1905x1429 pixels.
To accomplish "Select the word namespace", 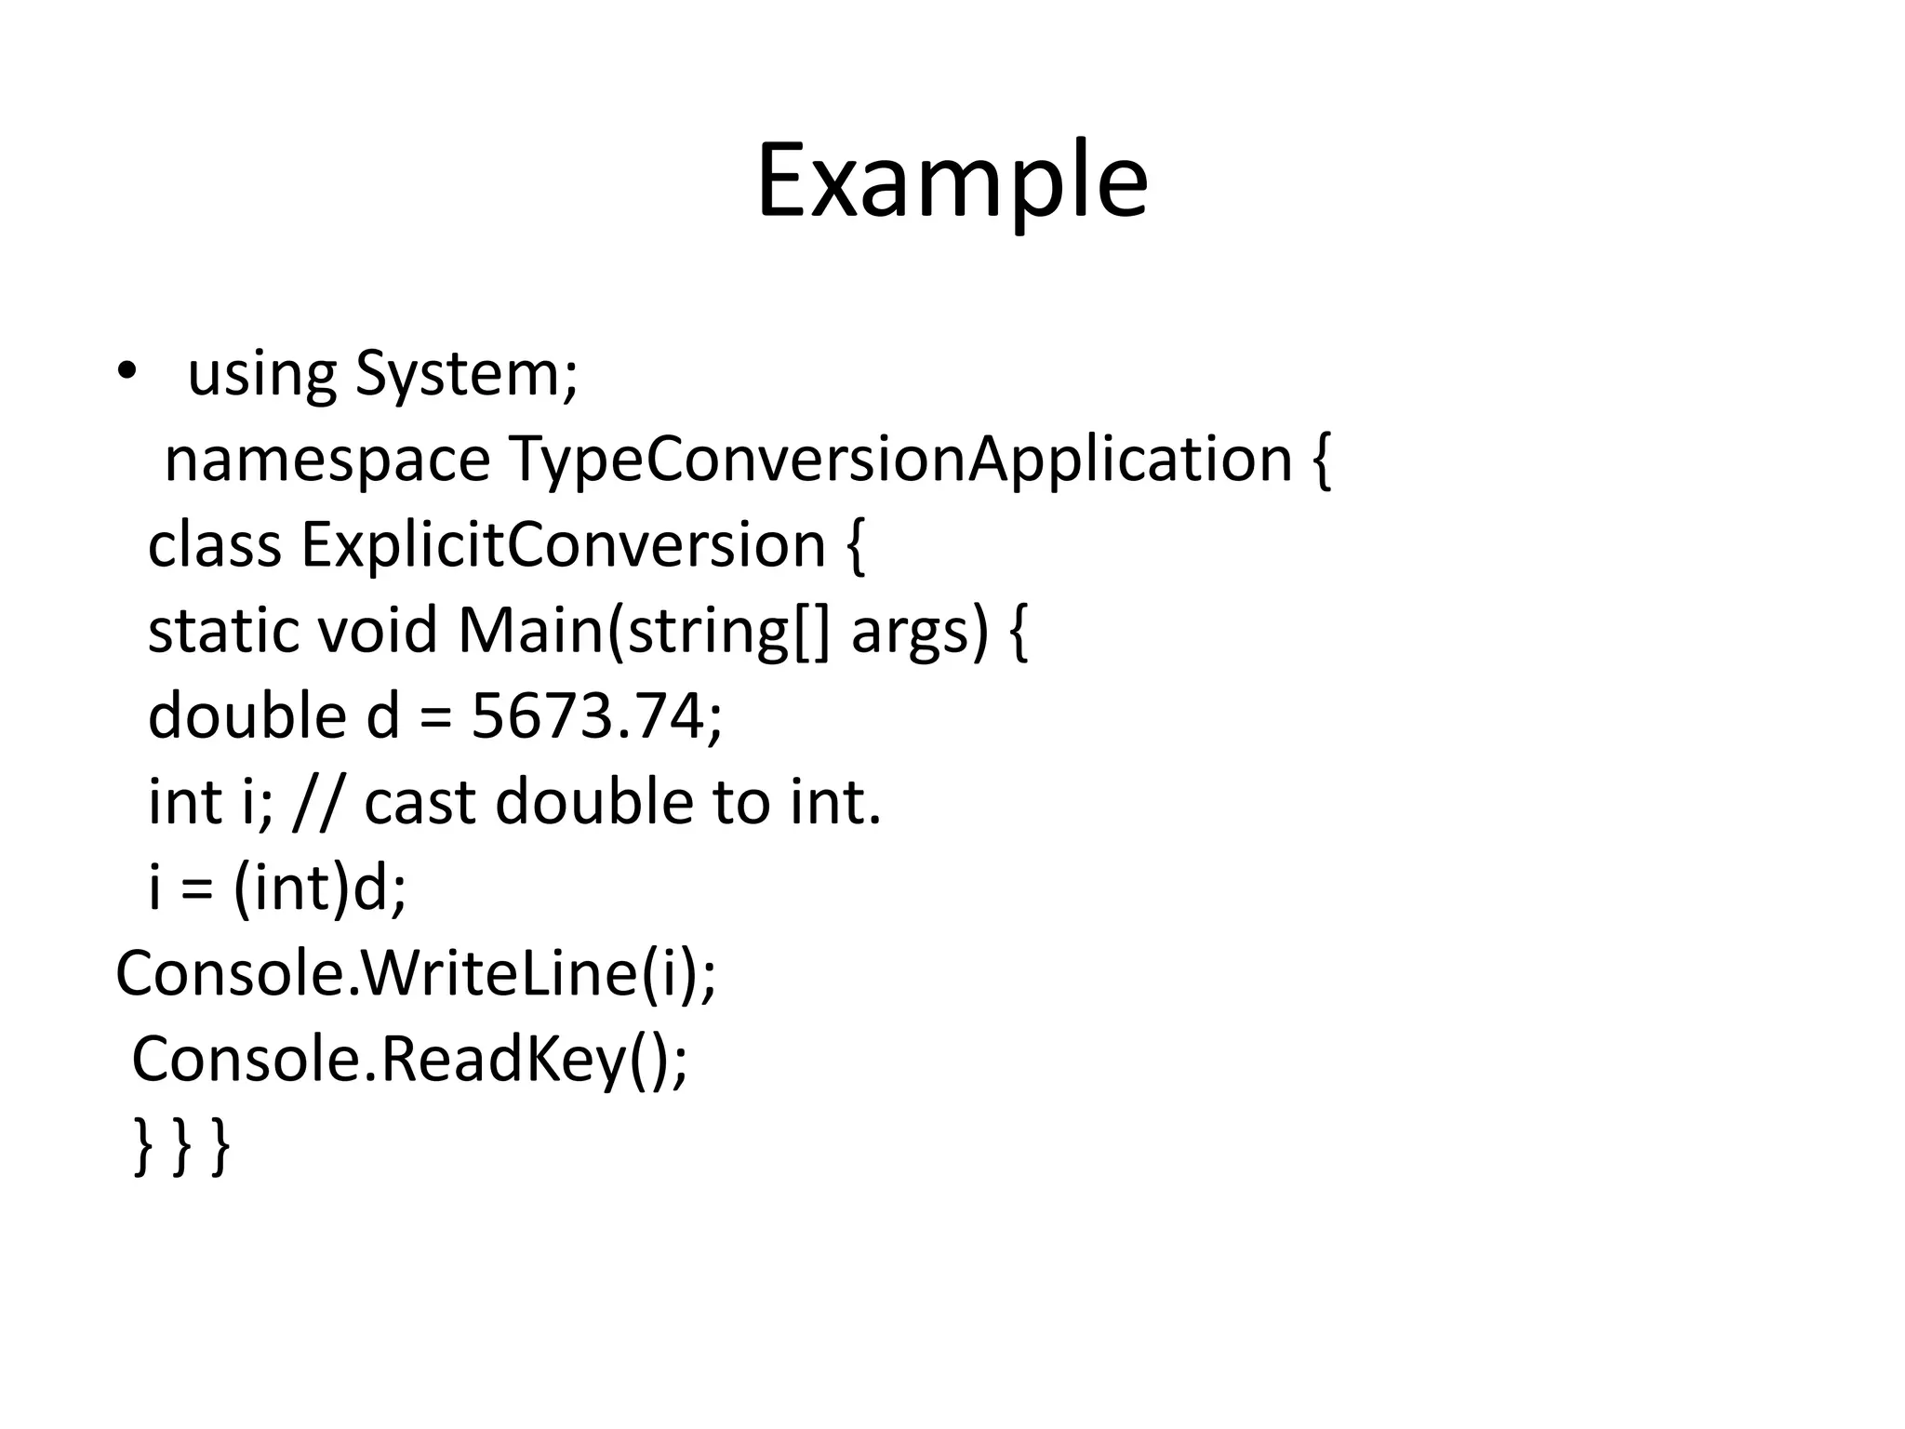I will (x=326, y=460).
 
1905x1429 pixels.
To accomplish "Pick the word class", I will (x=214, y=545).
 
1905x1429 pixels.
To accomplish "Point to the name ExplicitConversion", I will (x=563, y=545).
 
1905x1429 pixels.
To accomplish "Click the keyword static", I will (x=223, y=631).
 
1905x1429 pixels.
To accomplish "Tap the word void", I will (x=377, y=631).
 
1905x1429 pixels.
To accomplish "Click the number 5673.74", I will (x=595, y=716).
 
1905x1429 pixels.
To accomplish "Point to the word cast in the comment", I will (x=420, y=802).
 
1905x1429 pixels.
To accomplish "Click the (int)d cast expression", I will (x=320, y=888).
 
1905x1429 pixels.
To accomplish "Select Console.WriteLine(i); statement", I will (x=416, y=973).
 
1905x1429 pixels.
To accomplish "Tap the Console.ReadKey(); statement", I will (x=409, y=1059).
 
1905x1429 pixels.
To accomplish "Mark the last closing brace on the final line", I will (x=221, y=1146).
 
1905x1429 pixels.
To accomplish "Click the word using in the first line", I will (x=261, y=376).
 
